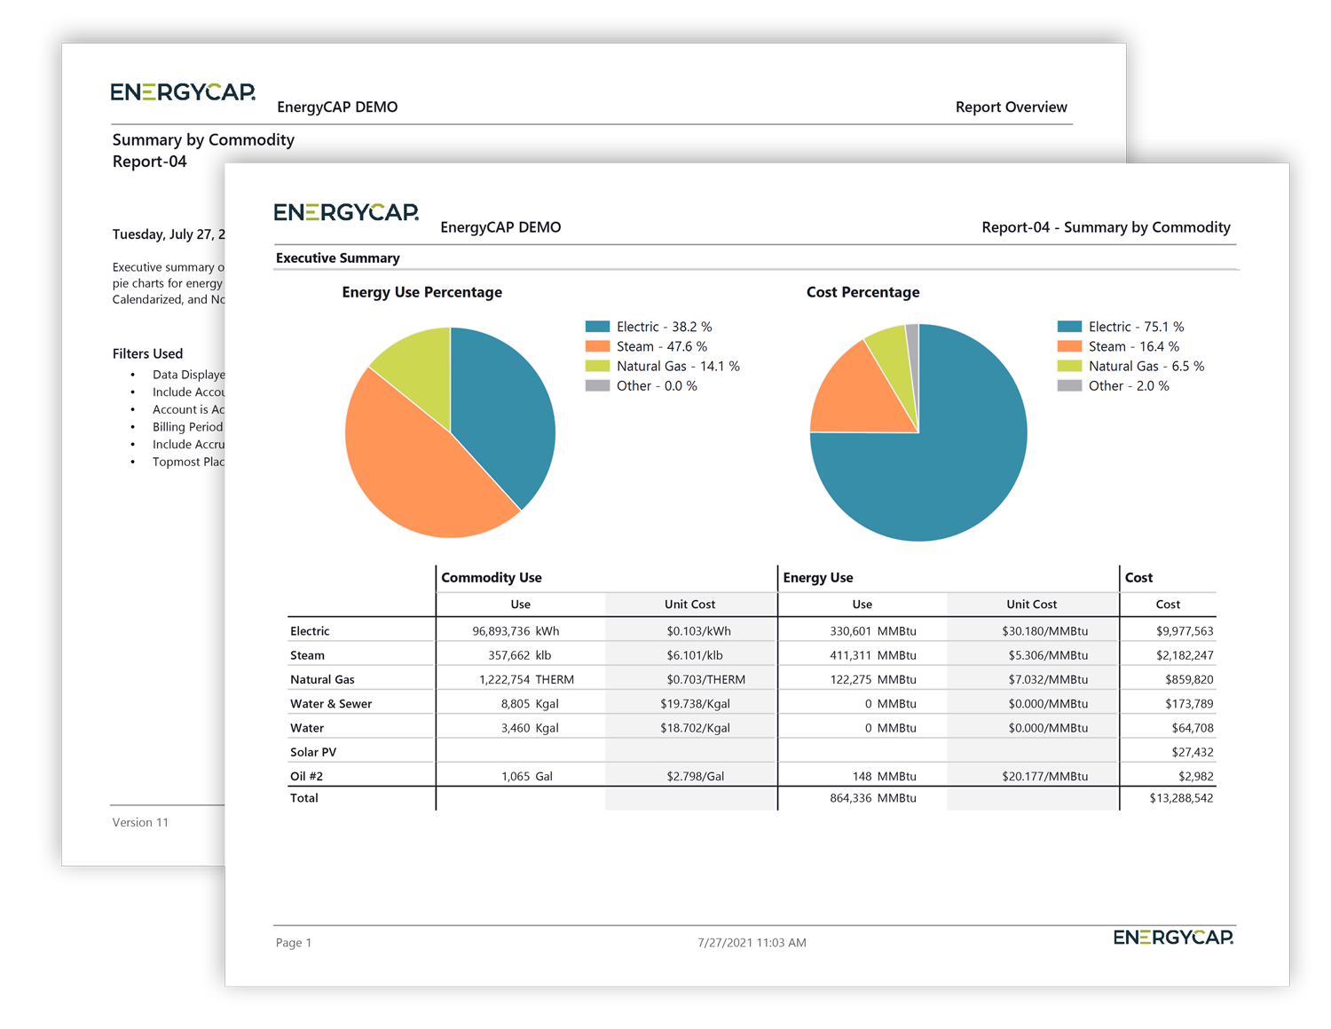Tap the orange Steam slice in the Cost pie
(x=852, y=395)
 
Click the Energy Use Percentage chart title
(x=421, y=292)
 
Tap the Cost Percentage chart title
(x=862, y=292)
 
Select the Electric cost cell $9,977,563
(x=1184, y=631)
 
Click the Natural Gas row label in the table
(x=322, y=679)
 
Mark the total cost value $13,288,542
(x=1181, y=798)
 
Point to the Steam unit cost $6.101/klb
(x=694, y=655)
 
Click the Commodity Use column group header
(x=491, y=577)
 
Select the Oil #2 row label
(x=306, y=776)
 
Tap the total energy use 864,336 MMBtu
(x=872, y=798)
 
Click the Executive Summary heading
(x=337, y=257)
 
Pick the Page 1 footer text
(x=293, y=942)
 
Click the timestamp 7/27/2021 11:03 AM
(x=752, y=942)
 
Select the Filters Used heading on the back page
(x=147, y=353)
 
